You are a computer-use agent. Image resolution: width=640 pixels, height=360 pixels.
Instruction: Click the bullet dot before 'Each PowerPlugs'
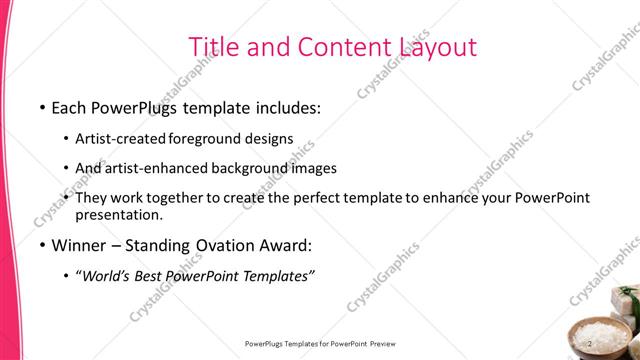(41, 106)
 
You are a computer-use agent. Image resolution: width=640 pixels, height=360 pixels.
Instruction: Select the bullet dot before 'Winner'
(41, 245)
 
